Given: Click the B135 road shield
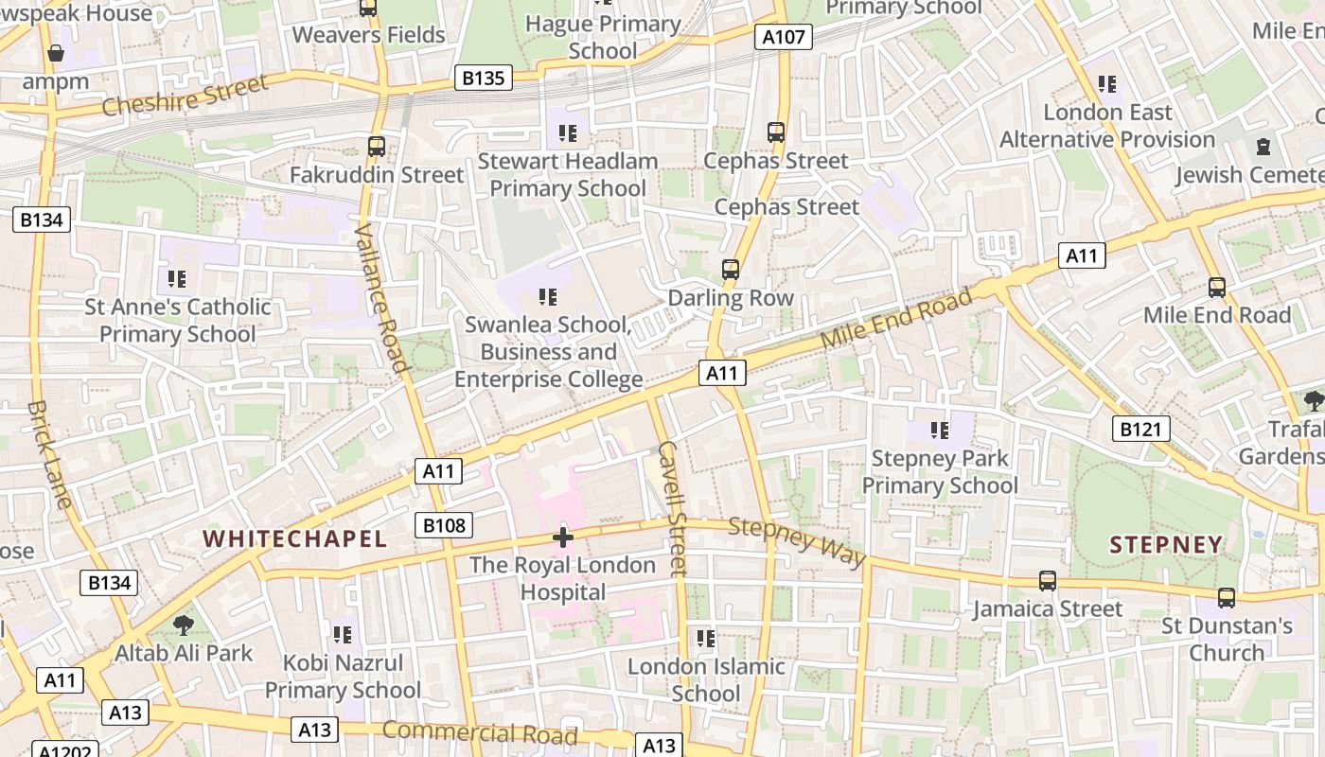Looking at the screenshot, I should pos(483,78).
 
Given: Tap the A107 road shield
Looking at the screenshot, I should pos(784,38).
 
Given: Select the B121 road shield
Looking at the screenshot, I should pos(1139,430).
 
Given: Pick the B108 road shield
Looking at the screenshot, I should pos(444,525).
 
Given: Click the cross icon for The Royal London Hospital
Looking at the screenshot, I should pos(563,538).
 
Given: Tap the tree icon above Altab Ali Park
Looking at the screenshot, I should pos(183,625).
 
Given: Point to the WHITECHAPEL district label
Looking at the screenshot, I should pos(295,539).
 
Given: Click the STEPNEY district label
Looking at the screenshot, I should pos(1166,545).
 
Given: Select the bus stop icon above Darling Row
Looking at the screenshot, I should pos(730,270).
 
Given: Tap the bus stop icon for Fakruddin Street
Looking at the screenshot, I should pos(376,147).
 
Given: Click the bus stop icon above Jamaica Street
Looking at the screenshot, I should pos(1047,581).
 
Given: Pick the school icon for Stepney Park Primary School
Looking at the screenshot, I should pos(939,431).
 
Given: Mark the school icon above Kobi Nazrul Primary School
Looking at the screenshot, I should pos(343,634).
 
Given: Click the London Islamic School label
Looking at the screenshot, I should pos(706,679).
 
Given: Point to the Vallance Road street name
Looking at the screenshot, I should pos(381,298).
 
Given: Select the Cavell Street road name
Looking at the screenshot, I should pos(671,508).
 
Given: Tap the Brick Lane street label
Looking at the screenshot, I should pos(49,454).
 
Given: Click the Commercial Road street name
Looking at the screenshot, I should pos(480,732).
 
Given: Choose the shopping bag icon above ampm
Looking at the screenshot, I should pos(56,53).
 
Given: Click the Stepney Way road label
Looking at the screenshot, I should pos(797,543).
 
